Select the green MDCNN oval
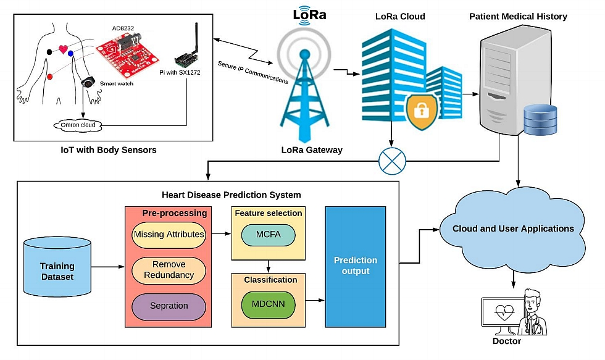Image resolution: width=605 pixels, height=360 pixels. click(268, 304)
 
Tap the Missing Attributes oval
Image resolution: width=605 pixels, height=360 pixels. click(169, 235)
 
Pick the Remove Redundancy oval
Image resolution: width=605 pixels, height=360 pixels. click(169, 270)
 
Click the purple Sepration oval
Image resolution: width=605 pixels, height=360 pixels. click(169, 306)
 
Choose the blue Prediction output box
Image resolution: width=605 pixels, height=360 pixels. click(355, 266)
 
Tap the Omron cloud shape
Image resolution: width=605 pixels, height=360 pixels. click(77, 125)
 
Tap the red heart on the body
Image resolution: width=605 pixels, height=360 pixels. click(63, 49)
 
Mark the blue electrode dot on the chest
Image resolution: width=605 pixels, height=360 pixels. click(72, 54)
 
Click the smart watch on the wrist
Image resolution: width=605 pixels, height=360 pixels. click(90, 83)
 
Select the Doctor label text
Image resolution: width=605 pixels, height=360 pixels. click(506, 341)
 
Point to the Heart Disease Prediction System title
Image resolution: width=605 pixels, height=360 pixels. click(231, 195)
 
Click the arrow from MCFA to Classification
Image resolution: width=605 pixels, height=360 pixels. click(268, 266)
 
